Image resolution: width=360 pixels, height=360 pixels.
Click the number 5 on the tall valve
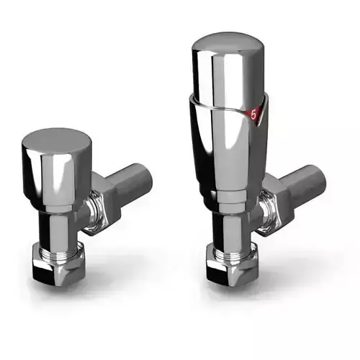[x=253, y=114]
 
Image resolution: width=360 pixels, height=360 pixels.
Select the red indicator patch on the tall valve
[x=251, y=114]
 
